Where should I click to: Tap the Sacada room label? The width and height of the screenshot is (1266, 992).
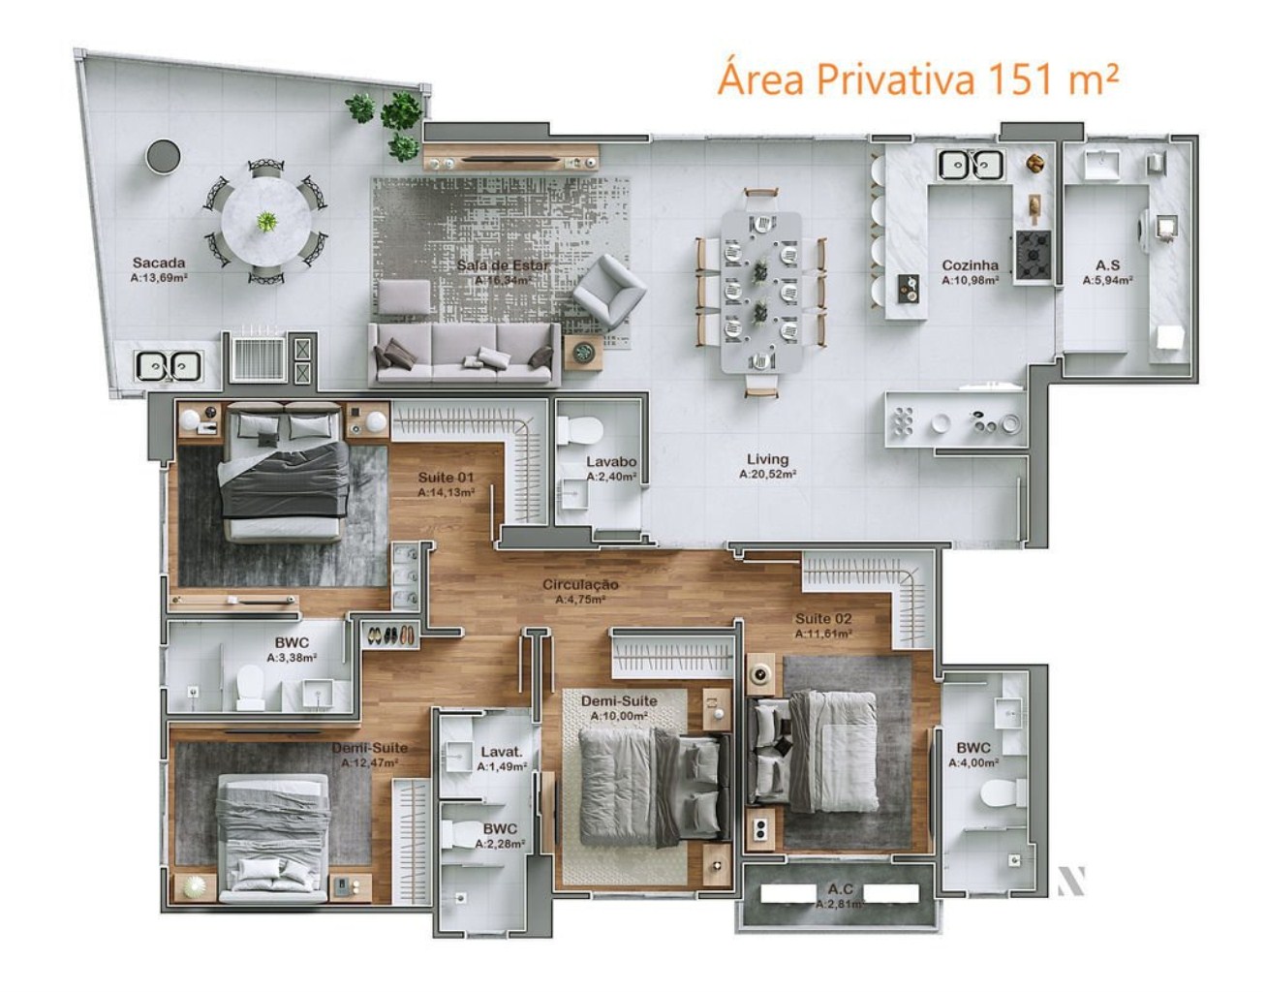pos(159,263)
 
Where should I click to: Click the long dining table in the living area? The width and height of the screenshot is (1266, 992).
pos(761,291)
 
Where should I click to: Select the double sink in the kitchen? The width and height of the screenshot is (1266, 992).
pos(970,166)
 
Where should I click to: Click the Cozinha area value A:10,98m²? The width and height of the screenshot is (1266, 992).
pos(970,280)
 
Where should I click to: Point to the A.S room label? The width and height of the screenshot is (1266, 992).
pos(1108,264)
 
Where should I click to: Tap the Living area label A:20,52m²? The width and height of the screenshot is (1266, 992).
pos(767,475)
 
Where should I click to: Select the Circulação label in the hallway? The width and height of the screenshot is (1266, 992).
pos(580,585)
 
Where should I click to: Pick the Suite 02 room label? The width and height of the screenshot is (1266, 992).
pos(823,618)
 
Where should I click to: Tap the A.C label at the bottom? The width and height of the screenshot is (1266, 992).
pos(840,888)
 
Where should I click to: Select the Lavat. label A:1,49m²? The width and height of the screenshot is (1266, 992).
pos(502,752)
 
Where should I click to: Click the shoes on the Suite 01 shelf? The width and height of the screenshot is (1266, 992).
pos(390,635)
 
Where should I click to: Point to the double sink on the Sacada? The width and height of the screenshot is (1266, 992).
pos(169,366)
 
